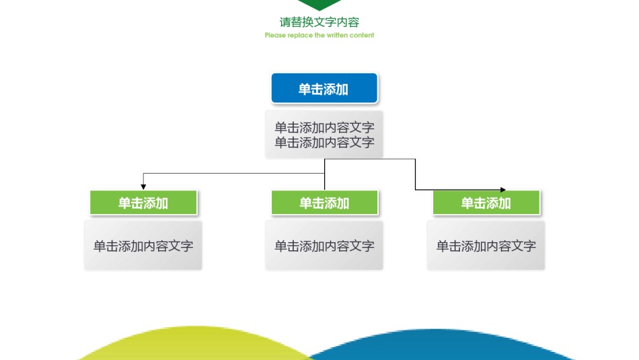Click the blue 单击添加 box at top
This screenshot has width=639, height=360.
coord(324,89)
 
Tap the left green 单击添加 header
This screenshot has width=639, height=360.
coord(143,203)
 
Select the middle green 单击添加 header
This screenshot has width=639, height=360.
coord(324,203)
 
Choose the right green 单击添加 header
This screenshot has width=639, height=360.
coord(486,203)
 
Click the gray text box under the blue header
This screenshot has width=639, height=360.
coord(324,135)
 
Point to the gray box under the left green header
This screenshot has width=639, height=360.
coord(143,246)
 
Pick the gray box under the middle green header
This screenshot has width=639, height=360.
coord(324,246)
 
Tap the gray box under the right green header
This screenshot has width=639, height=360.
coord(486,246)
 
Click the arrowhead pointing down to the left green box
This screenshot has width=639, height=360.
coord(143,186)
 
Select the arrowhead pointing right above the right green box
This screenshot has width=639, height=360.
coord(503,190)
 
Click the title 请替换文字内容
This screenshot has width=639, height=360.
coord(319,22)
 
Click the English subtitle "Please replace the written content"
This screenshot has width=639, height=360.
coord(319,35)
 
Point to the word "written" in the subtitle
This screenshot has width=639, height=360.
coord(338,35)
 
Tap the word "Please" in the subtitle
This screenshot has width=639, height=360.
coord(275,35)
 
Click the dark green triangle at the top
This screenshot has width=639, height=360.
coord(319,5)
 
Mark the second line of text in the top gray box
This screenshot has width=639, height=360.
coord(324,143)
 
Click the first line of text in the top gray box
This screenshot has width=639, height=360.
coord(324,127)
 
